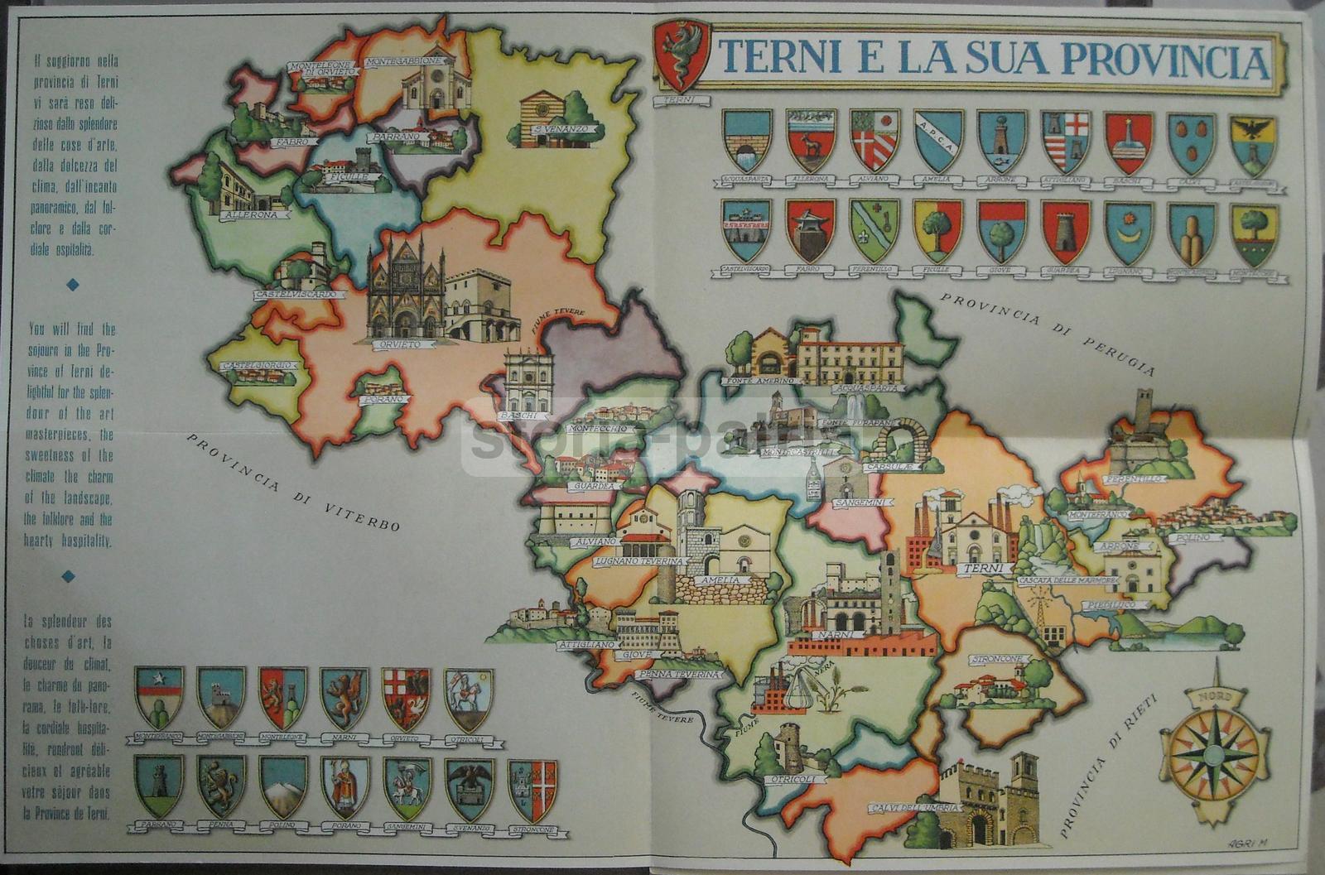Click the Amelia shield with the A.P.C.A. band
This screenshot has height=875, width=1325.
938,142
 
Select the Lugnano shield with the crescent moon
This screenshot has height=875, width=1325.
1128,233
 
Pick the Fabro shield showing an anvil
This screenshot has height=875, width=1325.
810,231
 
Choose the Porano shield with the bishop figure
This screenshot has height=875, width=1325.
345,787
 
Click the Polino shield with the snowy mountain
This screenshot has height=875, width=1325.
282,787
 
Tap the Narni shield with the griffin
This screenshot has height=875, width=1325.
344,698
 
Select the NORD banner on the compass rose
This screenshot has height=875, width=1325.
1215,698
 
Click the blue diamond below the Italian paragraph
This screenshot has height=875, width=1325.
73,284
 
